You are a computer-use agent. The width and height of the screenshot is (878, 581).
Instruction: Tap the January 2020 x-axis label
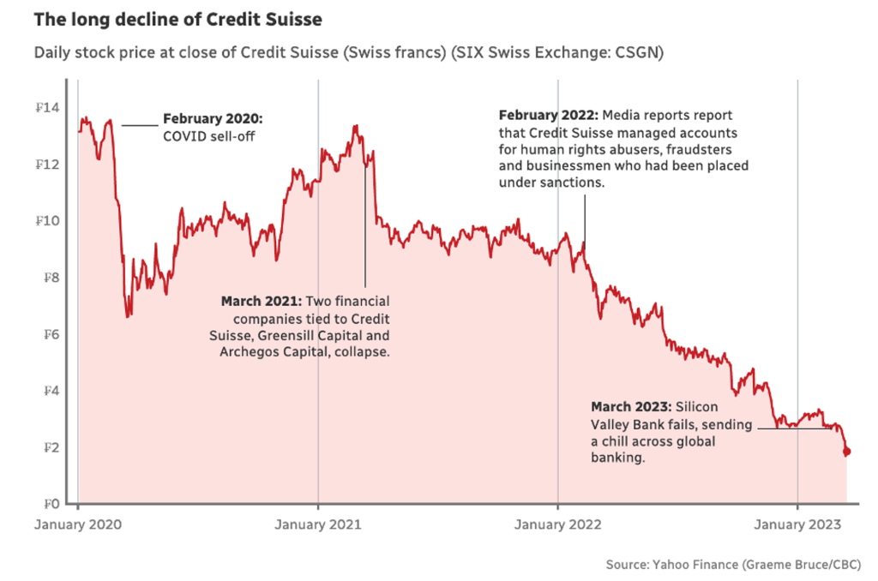pos(77,524)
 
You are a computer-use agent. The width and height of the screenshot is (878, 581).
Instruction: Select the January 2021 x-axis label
pos(318,524)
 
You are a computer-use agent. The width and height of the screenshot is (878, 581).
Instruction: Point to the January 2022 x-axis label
pos(557,524)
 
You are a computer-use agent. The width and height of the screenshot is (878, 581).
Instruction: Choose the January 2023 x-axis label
pos(797,524)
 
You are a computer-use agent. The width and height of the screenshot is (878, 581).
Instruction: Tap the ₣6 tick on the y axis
pos(52,334)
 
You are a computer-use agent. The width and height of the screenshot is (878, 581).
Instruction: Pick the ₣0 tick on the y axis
pos(52,504)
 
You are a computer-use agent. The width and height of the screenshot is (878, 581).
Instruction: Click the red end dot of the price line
pos(846,452)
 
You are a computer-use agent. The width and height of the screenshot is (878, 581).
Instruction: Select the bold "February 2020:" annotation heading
pos(213,118)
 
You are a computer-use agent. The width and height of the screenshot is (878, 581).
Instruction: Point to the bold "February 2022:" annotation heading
pos(549,115)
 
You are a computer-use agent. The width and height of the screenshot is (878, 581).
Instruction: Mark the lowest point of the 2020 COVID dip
pos(129,316)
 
